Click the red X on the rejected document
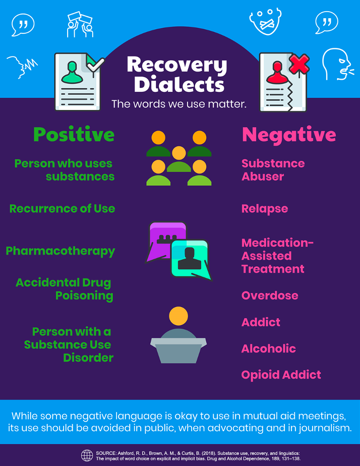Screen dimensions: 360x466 pos(299,65)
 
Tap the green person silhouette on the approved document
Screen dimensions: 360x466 pos(72,73)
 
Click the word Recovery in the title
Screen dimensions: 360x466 pos(177,65)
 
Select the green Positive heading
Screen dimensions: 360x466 pos(74,135)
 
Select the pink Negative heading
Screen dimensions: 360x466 pos(289,135)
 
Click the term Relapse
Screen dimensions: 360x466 pos(265,209)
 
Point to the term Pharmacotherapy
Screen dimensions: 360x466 pos(61,252)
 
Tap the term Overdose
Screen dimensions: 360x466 pos(270,296)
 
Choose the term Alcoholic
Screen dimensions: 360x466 pos(269,348)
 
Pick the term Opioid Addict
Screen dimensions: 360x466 pos(281,375)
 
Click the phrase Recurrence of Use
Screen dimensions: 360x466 pos(62,209)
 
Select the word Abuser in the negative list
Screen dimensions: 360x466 pos(263,177)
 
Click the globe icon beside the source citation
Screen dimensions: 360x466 pos(87,455)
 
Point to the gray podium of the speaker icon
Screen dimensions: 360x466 pos(178,351)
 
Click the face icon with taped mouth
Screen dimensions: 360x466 pos(265,21)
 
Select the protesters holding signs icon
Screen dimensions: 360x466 pos(80,24)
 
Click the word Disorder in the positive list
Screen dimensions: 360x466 pos(88,358)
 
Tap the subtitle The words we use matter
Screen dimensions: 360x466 pos(179,104)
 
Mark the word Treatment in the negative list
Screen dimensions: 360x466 pos(273,269)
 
